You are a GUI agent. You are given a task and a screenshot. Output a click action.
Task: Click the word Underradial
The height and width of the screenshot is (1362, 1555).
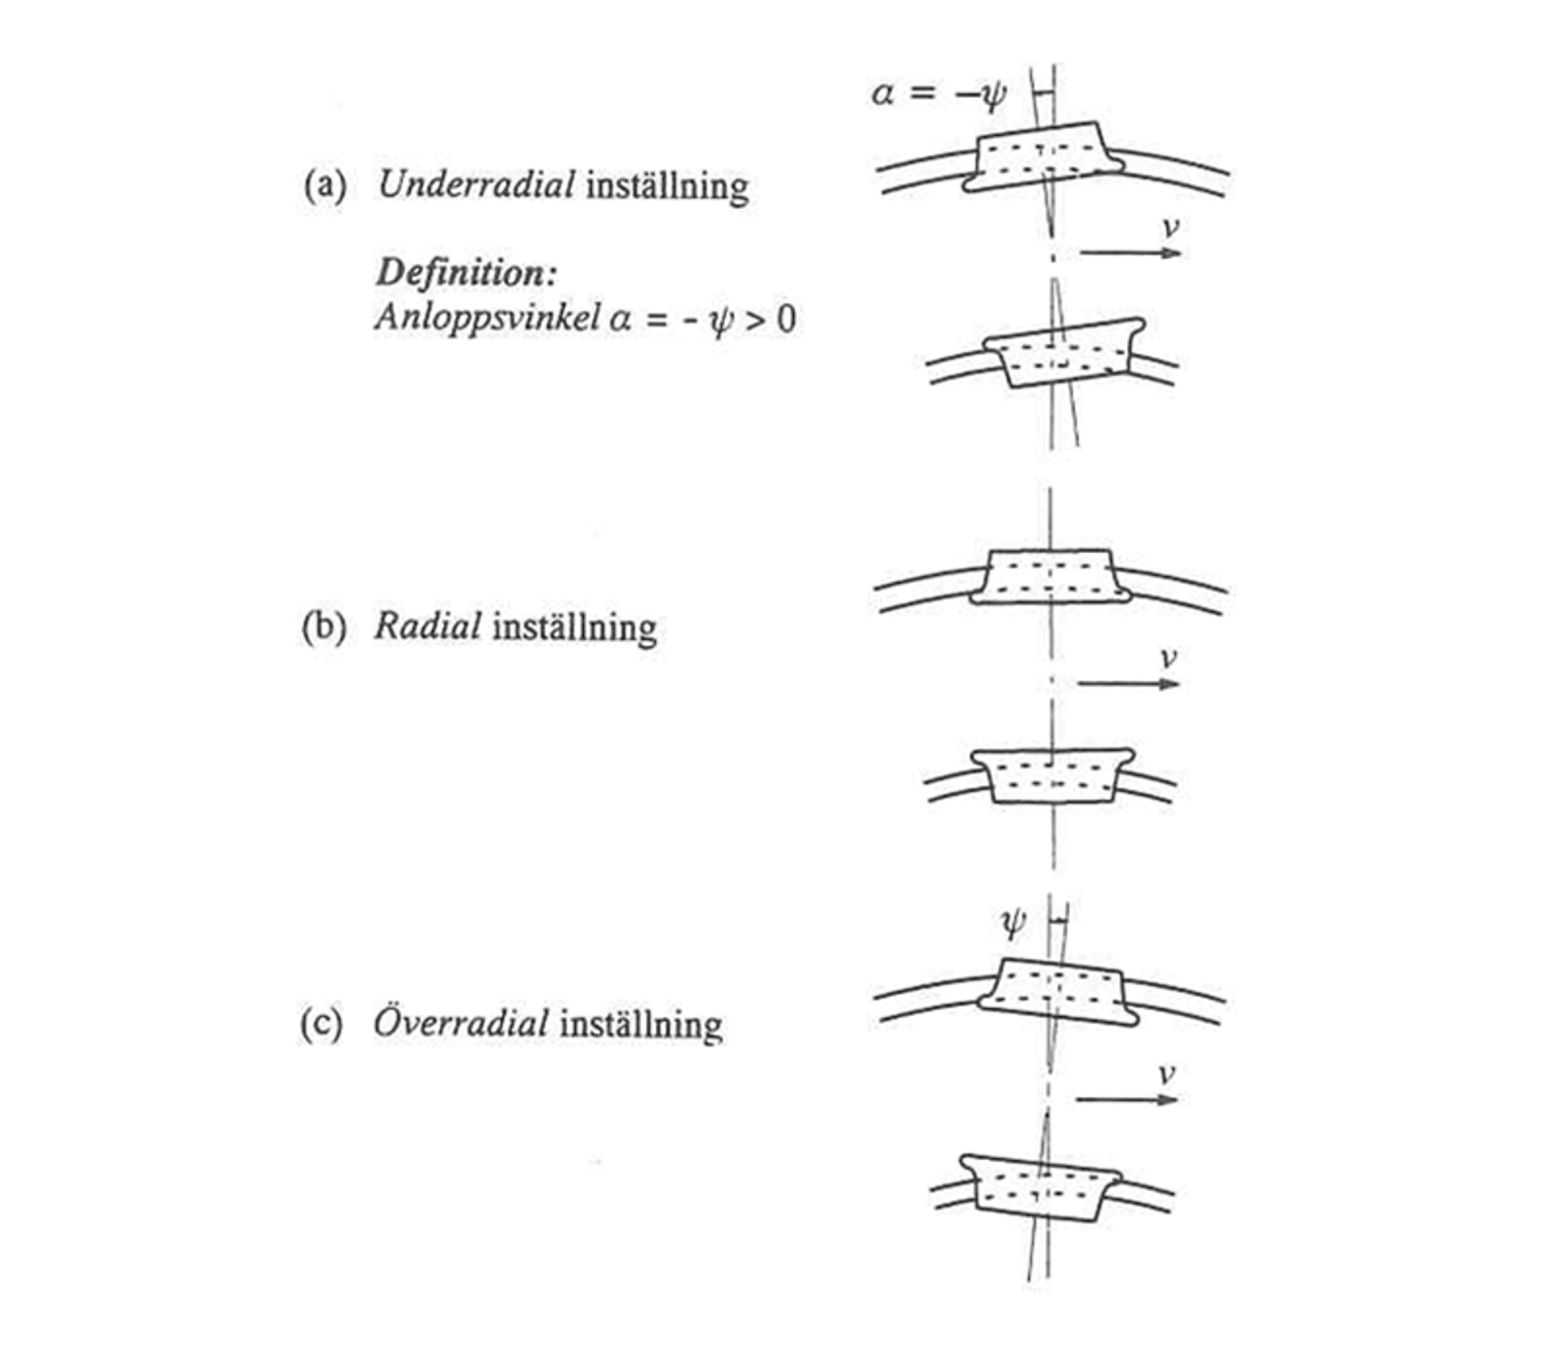coord(475,185)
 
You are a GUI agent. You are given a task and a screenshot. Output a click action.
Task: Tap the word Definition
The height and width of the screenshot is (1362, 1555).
coord(466,273)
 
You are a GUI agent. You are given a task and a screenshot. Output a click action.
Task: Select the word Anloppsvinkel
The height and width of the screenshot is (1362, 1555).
coord(487,318)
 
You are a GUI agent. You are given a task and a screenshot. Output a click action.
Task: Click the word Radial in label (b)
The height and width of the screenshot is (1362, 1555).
coord(428,627)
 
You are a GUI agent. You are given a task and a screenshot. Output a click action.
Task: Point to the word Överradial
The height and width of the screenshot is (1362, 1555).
coord(461,1024)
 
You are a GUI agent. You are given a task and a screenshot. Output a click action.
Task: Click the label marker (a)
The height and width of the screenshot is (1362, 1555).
coord(325,185)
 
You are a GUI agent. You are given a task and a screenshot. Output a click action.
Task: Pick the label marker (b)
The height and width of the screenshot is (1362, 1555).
coord(324,627)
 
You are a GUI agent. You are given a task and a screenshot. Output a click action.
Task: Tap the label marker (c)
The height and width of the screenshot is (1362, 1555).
coord(322,1024)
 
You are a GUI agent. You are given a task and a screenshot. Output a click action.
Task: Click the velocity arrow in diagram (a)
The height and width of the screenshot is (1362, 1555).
coord(1130,253)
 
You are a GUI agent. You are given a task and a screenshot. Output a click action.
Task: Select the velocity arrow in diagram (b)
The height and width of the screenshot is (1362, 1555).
coord(1128,683)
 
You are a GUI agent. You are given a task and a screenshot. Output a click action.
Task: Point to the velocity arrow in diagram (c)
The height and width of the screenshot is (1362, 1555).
coord(1126,1100)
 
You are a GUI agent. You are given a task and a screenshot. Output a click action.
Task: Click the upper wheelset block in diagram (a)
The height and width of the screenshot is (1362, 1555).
coord(1044,156)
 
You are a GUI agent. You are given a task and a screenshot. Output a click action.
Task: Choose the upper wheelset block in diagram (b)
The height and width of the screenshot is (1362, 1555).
coord(1051,577)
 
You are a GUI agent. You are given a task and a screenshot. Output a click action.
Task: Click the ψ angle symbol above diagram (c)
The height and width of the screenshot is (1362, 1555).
coord(1013,923)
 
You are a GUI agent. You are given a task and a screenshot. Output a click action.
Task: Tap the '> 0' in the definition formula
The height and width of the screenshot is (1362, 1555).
coord(770,319)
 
